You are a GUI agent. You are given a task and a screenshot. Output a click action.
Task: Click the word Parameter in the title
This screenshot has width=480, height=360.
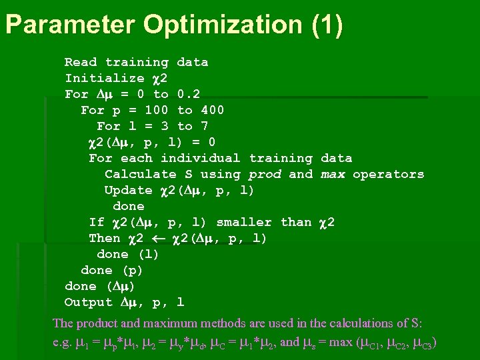coord(69,25)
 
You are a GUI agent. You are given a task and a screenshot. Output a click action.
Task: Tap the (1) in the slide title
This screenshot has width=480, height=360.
coord(327,25)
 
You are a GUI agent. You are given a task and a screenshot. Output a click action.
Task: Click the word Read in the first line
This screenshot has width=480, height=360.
coord(81,62)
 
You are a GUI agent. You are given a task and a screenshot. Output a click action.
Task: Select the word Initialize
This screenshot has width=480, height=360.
coord(105,78)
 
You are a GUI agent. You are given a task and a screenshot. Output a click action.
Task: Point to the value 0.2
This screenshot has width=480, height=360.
coord(189,94)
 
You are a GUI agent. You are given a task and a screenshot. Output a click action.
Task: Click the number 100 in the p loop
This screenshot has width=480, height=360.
coord(157,110)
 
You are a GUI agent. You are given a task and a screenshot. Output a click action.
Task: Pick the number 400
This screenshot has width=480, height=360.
coord(213,110)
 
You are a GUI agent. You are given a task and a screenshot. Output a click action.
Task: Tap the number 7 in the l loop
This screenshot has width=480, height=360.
coord(205,126)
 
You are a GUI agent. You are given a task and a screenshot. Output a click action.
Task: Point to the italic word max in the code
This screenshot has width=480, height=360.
coord(333,174)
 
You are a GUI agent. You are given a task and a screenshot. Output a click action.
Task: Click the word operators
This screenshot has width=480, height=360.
coord(389,174)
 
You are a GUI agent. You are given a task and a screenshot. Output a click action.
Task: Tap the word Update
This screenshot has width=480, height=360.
coord(129,190)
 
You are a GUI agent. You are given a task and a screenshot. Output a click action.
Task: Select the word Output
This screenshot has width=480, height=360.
coord(89,302)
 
